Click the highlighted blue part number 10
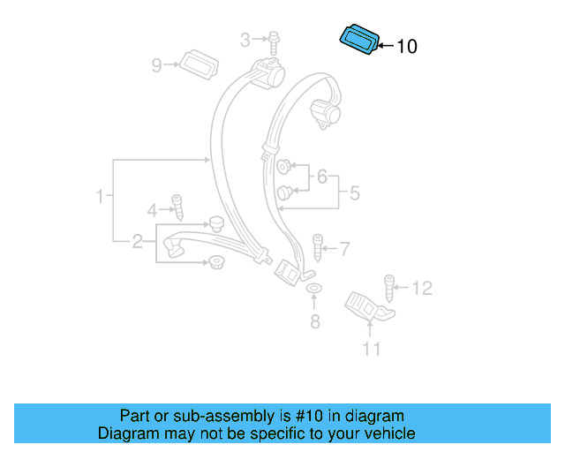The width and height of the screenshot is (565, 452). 360,40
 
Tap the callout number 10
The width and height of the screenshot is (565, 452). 407,47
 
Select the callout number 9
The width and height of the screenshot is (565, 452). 157,64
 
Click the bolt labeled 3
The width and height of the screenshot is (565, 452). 275,40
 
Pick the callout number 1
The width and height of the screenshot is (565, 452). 101,196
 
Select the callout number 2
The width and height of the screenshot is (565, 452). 138,240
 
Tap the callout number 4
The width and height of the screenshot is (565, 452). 152,210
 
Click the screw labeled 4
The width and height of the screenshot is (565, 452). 177,208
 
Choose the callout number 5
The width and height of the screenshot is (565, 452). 354,192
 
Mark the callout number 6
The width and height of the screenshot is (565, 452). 322,177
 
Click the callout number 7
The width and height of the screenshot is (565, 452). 343,249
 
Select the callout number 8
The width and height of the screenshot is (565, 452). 314,321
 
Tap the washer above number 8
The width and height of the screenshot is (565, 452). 313,290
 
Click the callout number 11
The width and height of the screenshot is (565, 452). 372,350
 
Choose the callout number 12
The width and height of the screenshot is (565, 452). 422,287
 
